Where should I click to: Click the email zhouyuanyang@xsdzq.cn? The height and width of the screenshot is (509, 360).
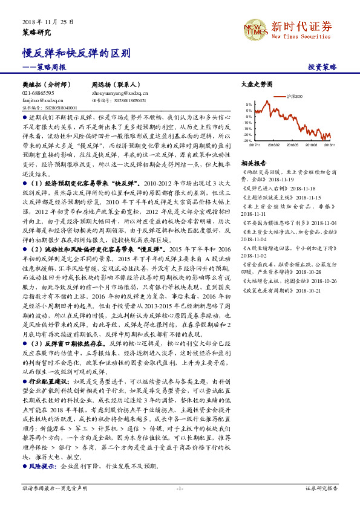pos(120,94)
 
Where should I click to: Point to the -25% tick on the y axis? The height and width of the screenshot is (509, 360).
pos(249,140)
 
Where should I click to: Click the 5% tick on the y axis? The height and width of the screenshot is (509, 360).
pos(250,104)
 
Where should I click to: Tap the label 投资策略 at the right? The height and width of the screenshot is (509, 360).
pos(322,68)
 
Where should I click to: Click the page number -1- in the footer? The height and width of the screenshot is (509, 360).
pos(180,488)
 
